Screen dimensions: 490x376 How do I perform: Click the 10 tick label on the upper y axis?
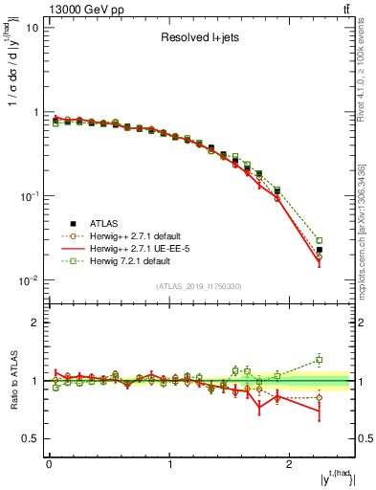tap(32, 27)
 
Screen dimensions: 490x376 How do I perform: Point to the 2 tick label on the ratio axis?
tap(34, 323)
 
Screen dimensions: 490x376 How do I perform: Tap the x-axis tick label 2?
tap(291, 464)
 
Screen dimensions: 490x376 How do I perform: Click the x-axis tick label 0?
tap(49, 464)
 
